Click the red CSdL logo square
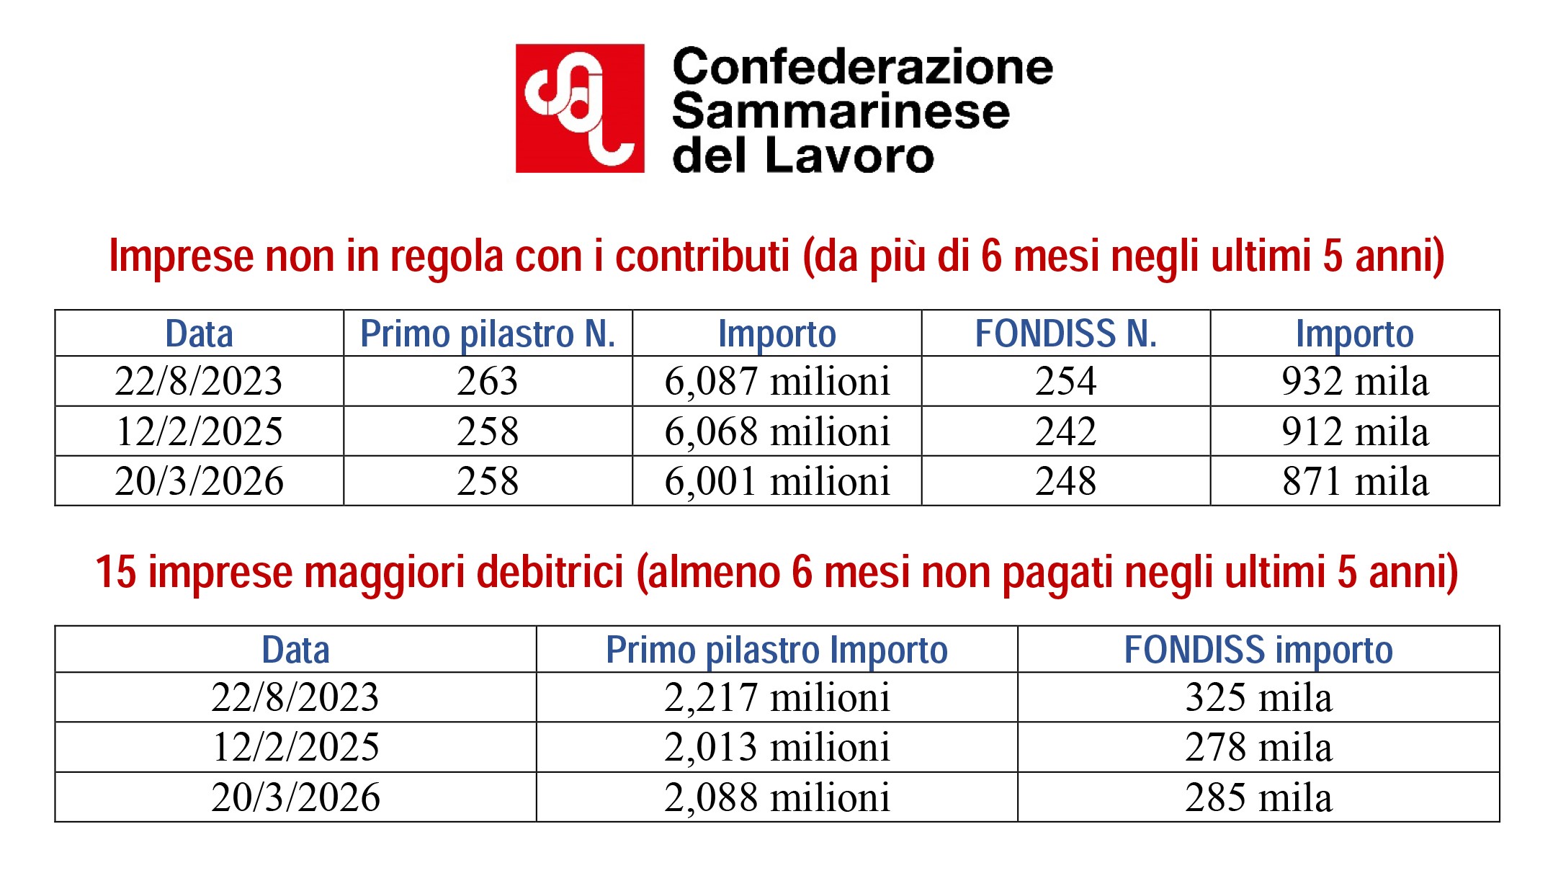click(580, 108)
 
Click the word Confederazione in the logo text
click(862, 67)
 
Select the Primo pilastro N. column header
click(488, 334)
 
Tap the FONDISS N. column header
click(1065, 334)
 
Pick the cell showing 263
click(488, 381)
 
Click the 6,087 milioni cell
click(776, 381)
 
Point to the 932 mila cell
click(1354, 381)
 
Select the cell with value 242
click(1065, 431)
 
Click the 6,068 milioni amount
click(776, 431)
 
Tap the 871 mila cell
click(1354, 481)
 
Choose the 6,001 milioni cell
click(776, 481)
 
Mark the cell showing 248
click(1065, 481)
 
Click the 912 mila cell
click(1354, 431)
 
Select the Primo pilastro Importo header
click(776, 650)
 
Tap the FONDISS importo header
click(1258, 650)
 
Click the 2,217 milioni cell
click(776, 697)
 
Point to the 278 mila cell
click(1258, 747)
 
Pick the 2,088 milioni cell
click(776, 797)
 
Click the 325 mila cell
click(1258, 697)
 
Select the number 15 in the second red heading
click(115, 573)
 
